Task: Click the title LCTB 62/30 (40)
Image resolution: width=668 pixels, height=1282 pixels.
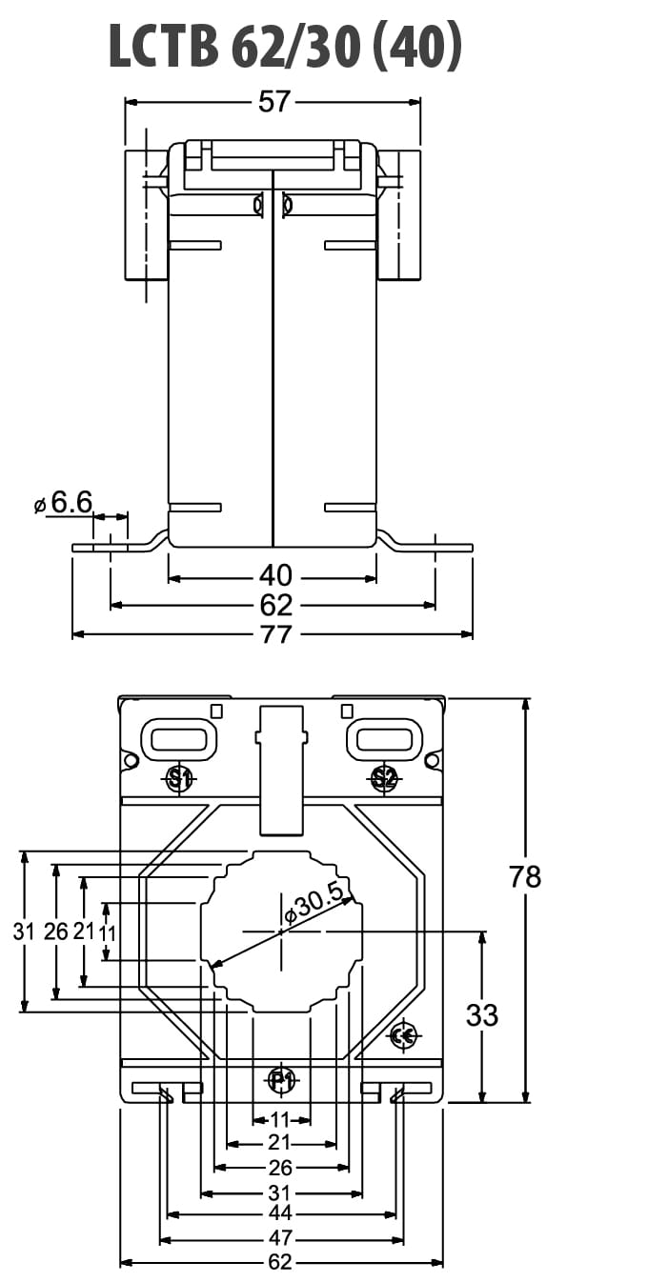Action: [x=285, y=47]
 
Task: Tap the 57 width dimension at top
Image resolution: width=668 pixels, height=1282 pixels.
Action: [x=274, y=102]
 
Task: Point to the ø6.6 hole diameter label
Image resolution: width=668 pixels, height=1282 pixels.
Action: [x=63, y=503]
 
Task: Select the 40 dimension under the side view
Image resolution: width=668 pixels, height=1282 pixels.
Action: [x=276, y=575]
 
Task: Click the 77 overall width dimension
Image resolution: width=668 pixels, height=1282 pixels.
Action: [x=276, y=634]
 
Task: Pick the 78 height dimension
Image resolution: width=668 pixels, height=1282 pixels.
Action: [x=525, y=876]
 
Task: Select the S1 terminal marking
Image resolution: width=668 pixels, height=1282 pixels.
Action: [x=181, y=778]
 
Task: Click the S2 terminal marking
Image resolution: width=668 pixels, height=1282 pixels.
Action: [x=384, y=778]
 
